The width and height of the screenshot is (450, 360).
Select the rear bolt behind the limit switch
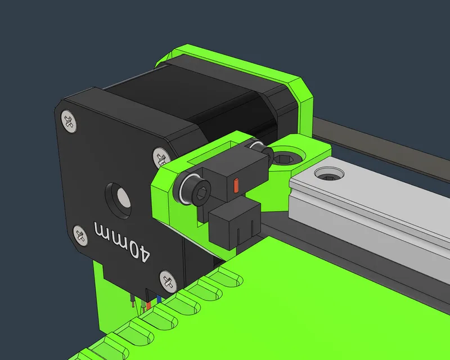pyautogui.click(x=258, y=147)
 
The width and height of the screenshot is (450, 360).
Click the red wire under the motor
pyautogui.click(x=148, y=305)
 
